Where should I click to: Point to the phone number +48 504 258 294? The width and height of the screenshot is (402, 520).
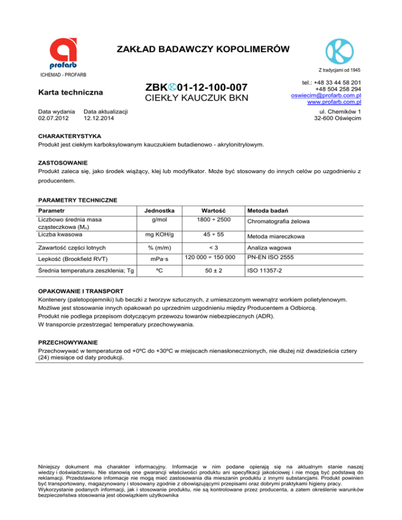pos(337,89)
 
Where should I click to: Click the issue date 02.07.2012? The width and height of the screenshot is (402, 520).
pos(53,119)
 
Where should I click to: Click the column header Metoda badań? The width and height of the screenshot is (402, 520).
pos(266,209)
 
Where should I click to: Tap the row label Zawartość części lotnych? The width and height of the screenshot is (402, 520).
pos(72,248)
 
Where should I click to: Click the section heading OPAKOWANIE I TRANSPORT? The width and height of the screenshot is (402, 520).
pos(81,290)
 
